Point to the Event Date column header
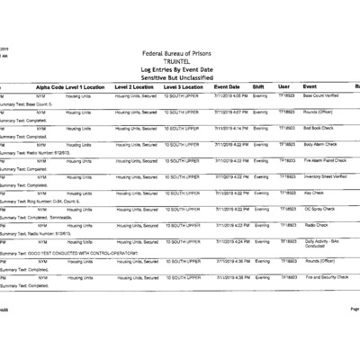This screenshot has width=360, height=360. (227, 86)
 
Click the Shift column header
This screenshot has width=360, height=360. (258, 86)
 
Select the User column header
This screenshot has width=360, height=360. (284, 86)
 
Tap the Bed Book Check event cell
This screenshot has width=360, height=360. (322, 128)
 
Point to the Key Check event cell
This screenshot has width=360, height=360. (314, 193)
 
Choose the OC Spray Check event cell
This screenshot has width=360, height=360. (320, 209)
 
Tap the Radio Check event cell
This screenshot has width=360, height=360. (317, 225)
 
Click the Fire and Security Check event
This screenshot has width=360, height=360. (328, 277)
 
